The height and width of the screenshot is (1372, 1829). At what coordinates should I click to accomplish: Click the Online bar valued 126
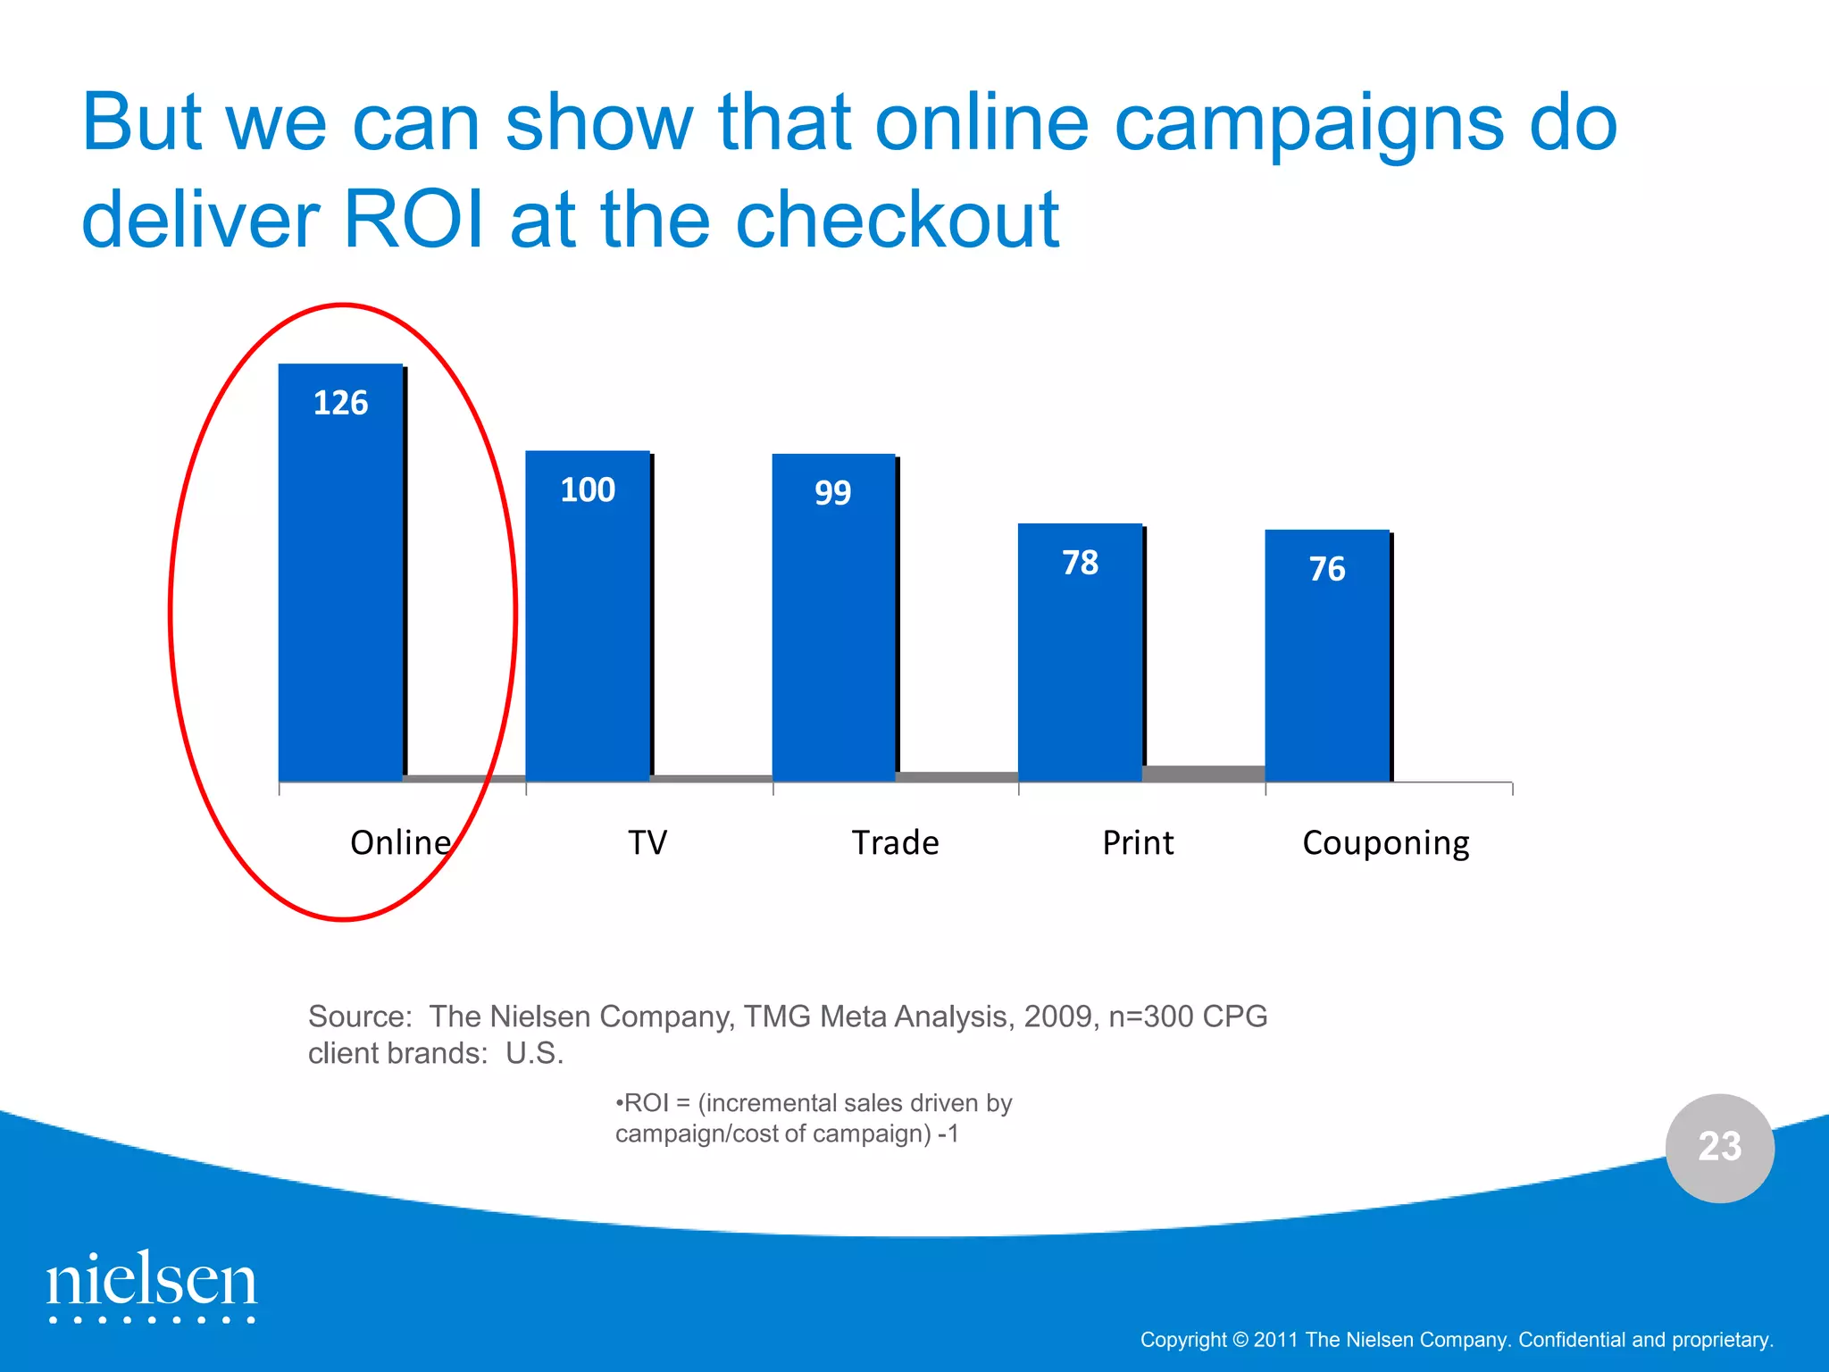point(340,590)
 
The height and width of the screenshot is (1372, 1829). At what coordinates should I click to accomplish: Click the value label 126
point(340,403)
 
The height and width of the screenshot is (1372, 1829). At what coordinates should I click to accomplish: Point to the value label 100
point(588,489)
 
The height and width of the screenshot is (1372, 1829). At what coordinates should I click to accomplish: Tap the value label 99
point(833,492)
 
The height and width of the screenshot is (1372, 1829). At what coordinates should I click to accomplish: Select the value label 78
point(1080,563)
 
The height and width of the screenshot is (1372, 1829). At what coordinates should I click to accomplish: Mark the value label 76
point(1327,569)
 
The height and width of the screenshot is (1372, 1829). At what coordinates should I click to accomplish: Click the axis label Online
point(400,842)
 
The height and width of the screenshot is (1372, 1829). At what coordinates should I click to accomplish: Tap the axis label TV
point(647,842)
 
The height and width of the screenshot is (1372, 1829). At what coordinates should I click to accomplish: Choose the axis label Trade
point(895,842)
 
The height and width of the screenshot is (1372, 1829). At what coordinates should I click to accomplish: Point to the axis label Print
point(1138,842)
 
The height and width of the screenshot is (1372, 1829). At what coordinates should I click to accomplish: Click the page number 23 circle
point(1719,1148)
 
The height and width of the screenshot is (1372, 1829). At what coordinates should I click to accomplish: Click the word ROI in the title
point(414,219)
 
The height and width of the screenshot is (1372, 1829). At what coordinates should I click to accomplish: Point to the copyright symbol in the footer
point(1240,1340)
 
